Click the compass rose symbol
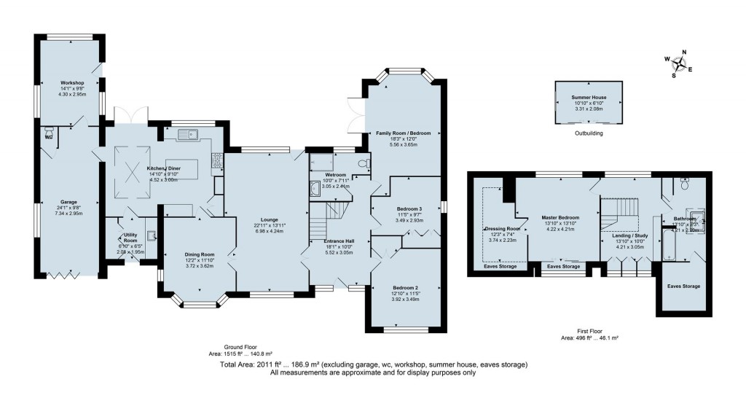pos(679,63)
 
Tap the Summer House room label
pos(588,98)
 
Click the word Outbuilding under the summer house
pos(588,133)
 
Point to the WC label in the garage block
pos(48,136)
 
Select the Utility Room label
pos(130,238)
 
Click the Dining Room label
pos(197,255)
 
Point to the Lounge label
pos(265,217)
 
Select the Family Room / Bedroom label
pos(403,133)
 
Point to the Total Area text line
pos(372,364)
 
